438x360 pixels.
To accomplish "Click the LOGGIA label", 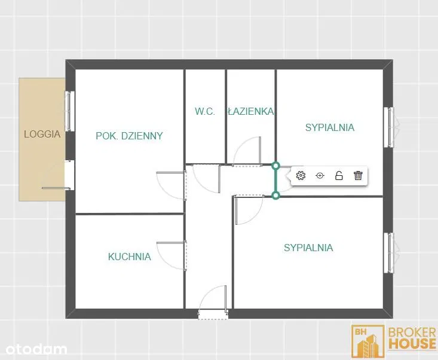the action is coord(42,134).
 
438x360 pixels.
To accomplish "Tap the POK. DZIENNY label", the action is coord(129,136).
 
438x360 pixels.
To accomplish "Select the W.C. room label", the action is coord(205,111).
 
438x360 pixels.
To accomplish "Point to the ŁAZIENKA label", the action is coord(250,111).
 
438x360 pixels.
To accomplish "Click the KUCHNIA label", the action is coord(130,257).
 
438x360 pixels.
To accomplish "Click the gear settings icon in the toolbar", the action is coord(301,176).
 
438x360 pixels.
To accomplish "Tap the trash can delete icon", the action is coord(358,176).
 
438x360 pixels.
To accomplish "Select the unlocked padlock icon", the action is coord(339,176).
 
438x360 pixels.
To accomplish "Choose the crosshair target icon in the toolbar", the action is coord(320,176).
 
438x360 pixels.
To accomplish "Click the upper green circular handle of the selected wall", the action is coord(275,166).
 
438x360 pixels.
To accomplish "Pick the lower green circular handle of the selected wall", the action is coord(275,196).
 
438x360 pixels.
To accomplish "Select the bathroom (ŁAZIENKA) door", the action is coord(247,151).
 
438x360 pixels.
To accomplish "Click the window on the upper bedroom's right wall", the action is coord(390,127).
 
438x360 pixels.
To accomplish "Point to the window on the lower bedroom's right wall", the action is coord(390,253).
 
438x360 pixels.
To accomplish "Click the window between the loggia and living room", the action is coord(69,111).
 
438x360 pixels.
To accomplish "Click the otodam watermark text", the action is coord(36,349).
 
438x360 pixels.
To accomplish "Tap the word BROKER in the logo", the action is coord(412,332).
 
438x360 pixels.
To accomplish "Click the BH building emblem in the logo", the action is coord(368,341).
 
